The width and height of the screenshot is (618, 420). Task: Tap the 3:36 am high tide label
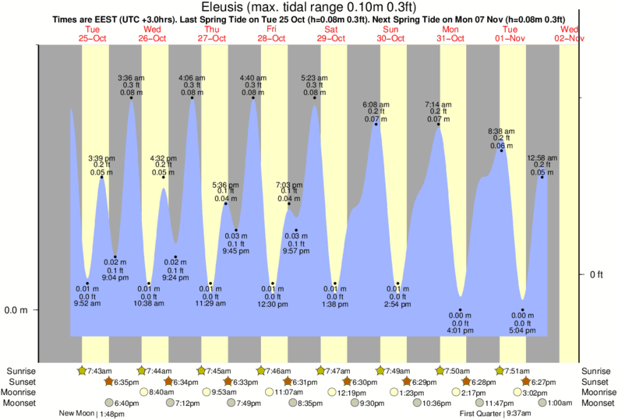pyautogui.click(x=131, y=78)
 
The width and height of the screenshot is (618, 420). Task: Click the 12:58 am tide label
pyautogui.click(x=542, y=158)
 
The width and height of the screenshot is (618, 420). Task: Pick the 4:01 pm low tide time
pyautogui.click(x=461, y=330)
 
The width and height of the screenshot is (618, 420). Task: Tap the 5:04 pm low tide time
pyautogui.click(x=523, y=330)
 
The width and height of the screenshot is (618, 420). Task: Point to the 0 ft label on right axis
pyautogui.click(x=597, y=275)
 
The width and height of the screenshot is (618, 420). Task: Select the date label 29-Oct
pyautogui.click(x=331, y=37)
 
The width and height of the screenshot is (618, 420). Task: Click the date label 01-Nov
pyautogui.click(x=510, y=37)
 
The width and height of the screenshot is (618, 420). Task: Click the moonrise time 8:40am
pyautogui.click(x=161, y=392)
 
